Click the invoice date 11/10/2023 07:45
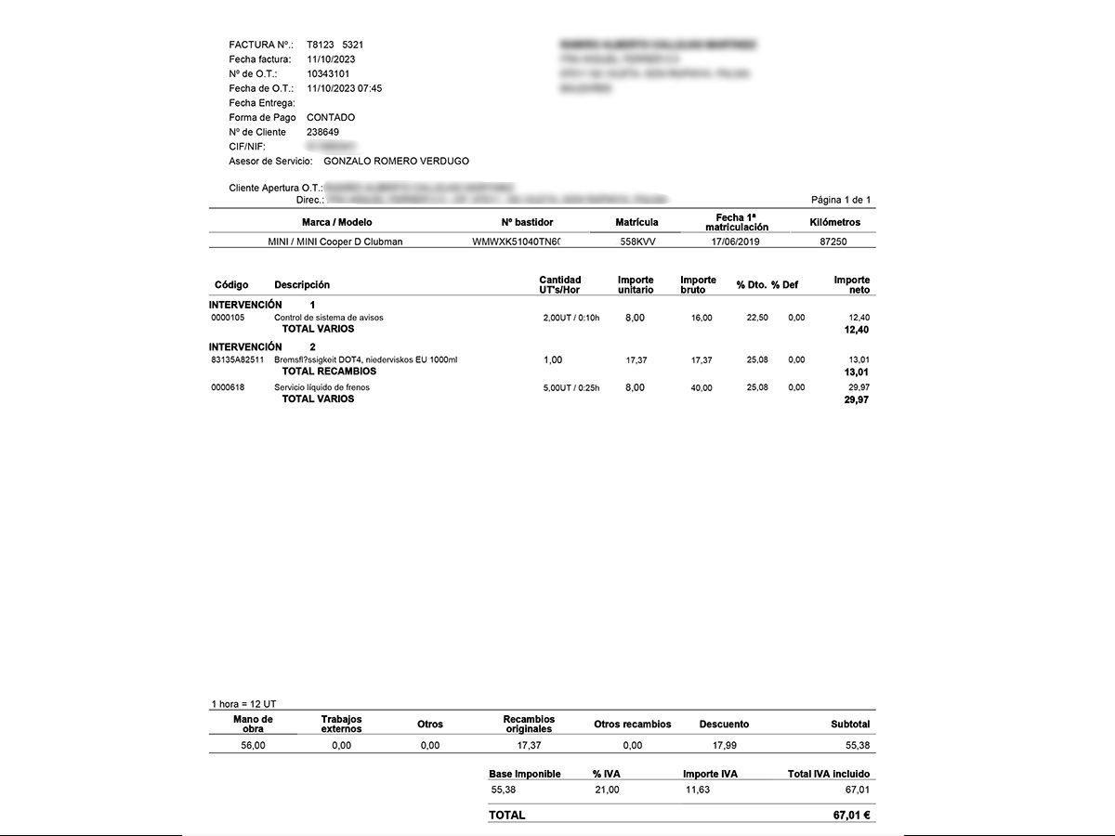pos(344,88)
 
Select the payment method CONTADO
pos(331,118)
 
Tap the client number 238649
pos(322,132)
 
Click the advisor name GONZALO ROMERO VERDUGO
pos(396,162)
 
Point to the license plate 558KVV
pos(637,242)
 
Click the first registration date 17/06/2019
pos(736,242)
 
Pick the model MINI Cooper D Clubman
pos(335,242)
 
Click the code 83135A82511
pos(238,360)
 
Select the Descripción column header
pos(302,285)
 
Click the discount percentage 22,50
pos(757,318)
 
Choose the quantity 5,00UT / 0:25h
pos(571,388)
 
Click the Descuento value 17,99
pos(724,745)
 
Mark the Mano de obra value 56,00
pos(253,745)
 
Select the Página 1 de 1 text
pos(841,200)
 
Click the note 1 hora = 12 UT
pos(243,704)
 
